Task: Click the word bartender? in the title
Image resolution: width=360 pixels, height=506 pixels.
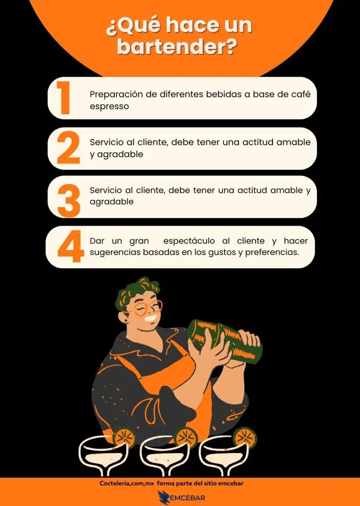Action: [x=180, y=48]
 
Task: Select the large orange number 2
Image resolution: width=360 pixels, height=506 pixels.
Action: [x=68, y=148]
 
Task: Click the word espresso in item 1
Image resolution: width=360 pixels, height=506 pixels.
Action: [x=109, y=106]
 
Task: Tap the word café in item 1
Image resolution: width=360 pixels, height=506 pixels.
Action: [x=300, y=94]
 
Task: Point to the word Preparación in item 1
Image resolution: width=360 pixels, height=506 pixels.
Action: [x=118, y=94]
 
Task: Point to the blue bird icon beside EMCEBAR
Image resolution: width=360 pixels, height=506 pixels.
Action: [x=164, y=497]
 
